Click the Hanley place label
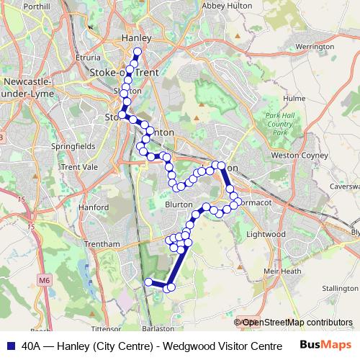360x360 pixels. pyautogui.click(x=136, y=38)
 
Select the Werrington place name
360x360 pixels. pyautogui.click(x=315, y=46)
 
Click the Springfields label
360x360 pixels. pyautogui.click(x=73, y=145)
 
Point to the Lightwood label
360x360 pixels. pyautogui.click(x=266, y=235)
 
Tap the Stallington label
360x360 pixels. pyautogui.click(x=340, y=288)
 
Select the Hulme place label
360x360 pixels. pyautogui.click(x=295, y=98)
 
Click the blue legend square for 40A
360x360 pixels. pyautogui.click(x=11, y=344)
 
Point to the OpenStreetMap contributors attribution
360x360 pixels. pyautogui.click(x=297, y=323)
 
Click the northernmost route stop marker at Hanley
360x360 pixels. pyautogui.click(x=138, y=51)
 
